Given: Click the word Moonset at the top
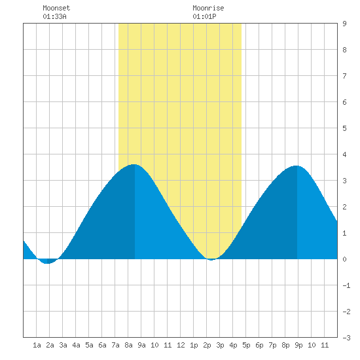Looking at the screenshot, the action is [x=56, y=8].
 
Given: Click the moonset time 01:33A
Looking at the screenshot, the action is [x=54, y=16].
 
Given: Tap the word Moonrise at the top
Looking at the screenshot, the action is [x=208, y=8].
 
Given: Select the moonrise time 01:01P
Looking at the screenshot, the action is [x=204, y=16].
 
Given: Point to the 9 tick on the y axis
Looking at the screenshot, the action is [x=344, y=24].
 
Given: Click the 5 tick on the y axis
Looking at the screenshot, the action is [x=344, y=128].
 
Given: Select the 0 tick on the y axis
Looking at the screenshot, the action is [x=344, y=259].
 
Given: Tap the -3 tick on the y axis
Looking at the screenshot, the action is [x=346, y=338].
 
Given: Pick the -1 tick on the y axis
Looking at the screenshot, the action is [x=346, y=285].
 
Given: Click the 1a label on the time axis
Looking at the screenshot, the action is [x=37, y=345].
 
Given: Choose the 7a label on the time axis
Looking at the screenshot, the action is [x=115, y=345].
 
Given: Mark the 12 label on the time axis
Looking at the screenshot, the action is [x=181, y=345].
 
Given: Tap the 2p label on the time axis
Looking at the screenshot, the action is [x=207, y=345].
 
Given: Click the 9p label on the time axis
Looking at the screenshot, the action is [x=298, y=345].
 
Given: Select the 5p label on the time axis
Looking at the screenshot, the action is [x=246, y=345].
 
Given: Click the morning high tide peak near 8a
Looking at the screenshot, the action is [x=134, y=164].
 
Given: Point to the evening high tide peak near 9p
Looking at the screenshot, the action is [x=297, y=166].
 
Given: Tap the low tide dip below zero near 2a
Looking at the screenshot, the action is [x=47, y=263].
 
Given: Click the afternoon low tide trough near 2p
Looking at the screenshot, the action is [x=211, y=260].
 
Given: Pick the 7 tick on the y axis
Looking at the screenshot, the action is [x=344, y=76].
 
